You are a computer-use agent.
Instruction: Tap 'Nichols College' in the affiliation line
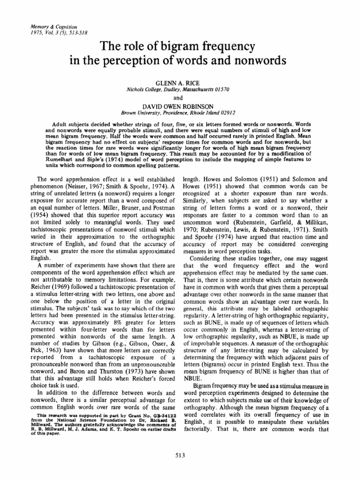pos(144,88)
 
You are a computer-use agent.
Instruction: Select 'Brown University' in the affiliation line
pos(141,113)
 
